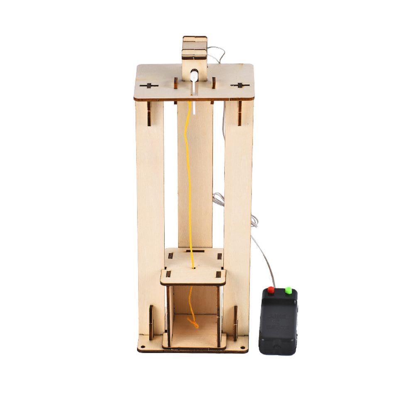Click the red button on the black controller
[271, 290]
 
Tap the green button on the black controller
[288, 290]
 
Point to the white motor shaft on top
[194, 76]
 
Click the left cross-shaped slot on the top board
[149, 86]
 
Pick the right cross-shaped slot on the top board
[240, 85]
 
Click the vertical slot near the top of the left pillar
[149, 113]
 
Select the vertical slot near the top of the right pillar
[239, 112]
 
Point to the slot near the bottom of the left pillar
[151, 322]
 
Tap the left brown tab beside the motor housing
[176, 83]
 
